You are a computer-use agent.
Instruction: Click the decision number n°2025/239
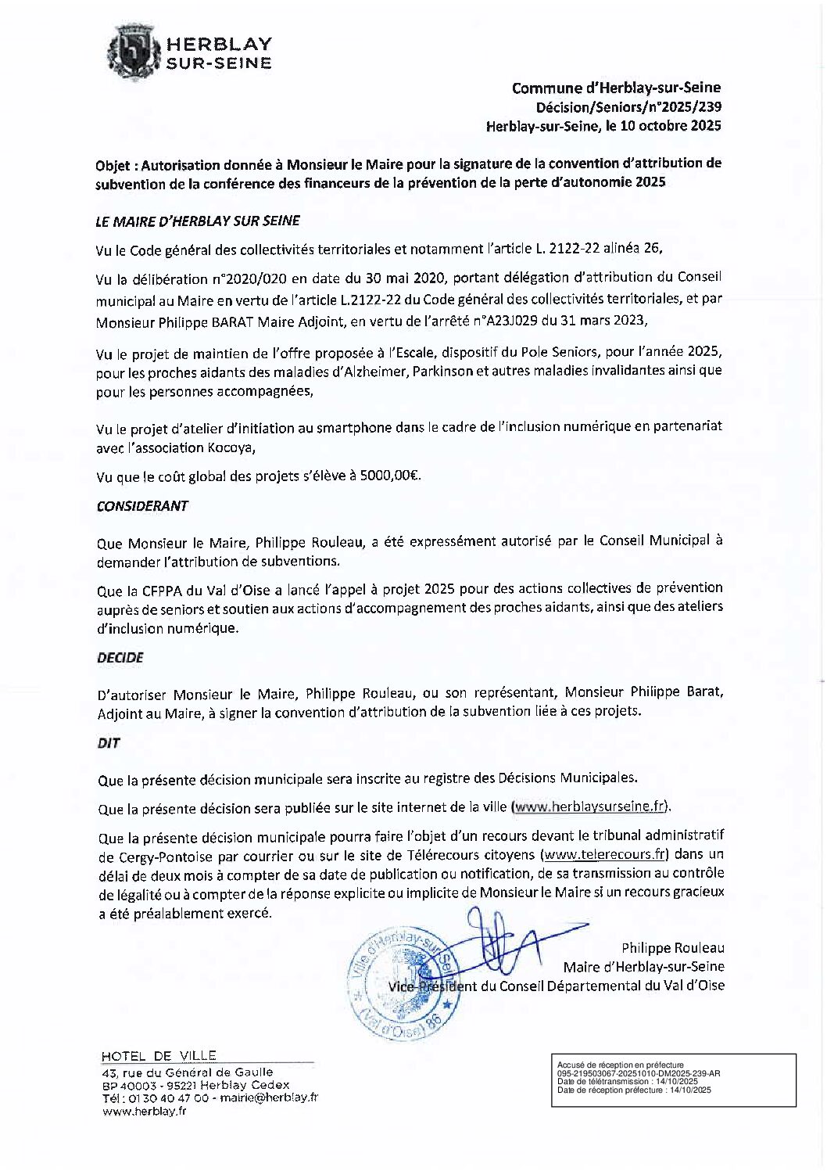click(x=686, y=107)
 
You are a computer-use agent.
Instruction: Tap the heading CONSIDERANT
click(x=142, y=506)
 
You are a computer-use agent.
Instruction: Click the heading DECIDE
click(x=120, y=658)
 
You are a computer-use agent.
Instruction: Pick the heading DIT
click(x=109, y=743)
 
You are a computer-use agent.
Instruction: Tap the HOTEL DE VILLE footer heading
click(x=159, y=1056)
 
